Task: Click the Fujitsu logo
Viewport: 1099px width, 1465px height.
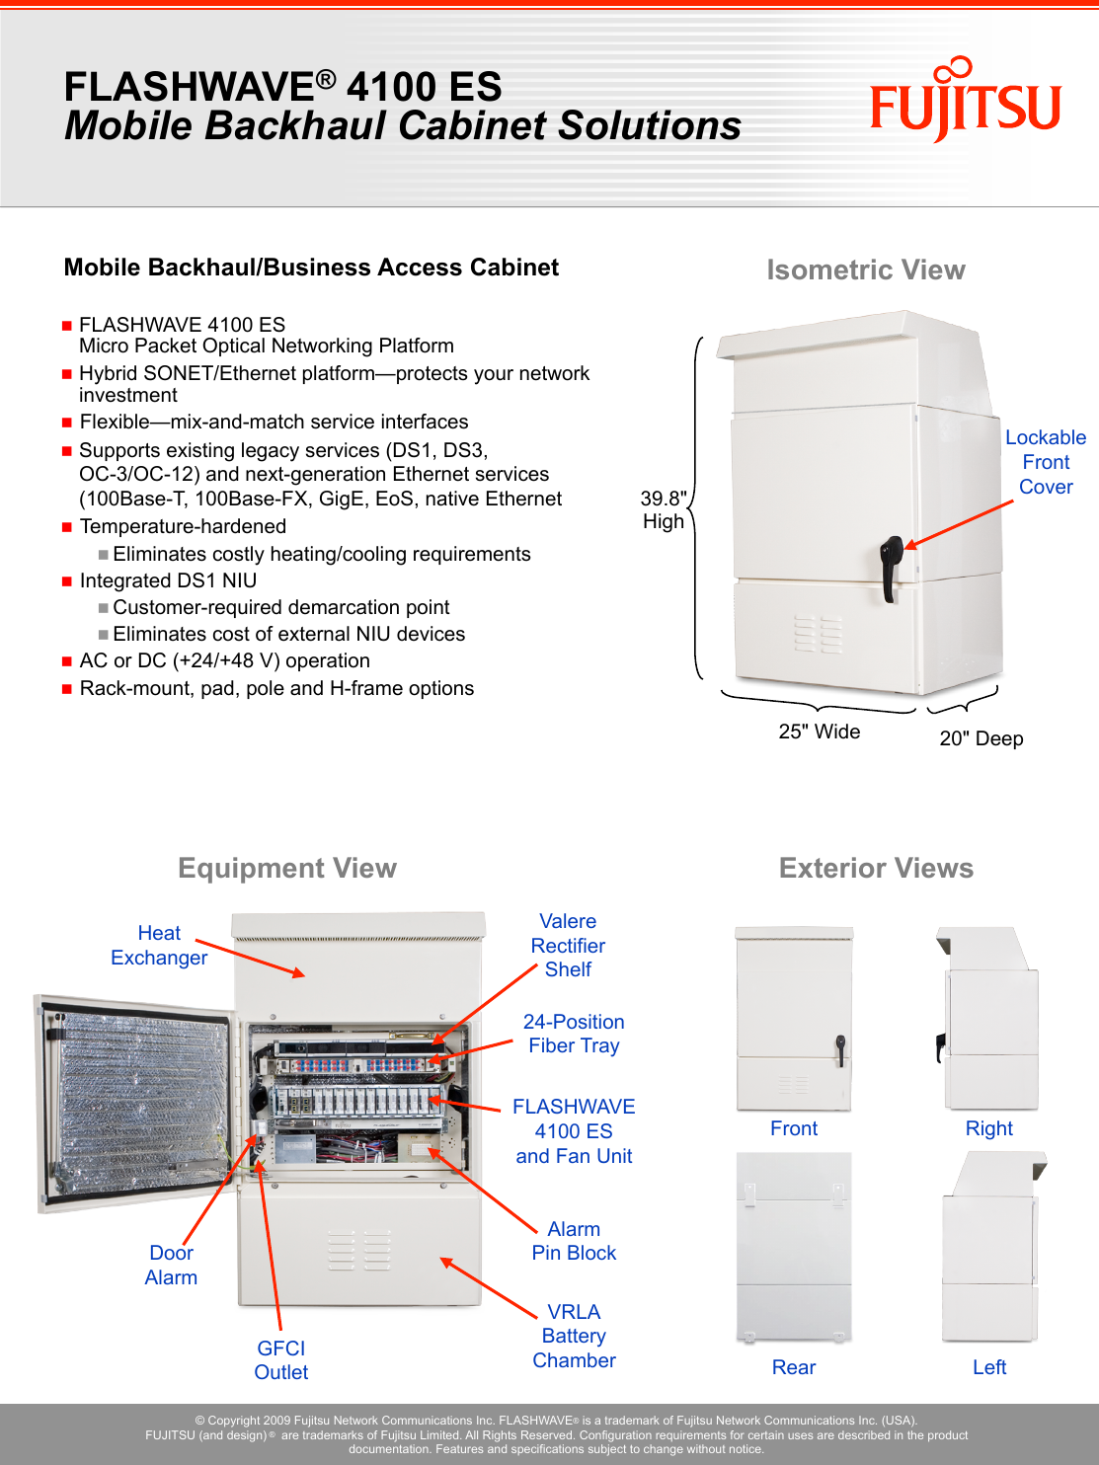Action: click(965, 102)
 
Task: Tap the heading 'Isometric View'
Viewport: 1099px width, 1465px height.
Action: click(865, 270)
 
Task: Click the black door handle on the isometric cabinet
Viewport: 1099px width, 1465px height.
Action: click(891, 567)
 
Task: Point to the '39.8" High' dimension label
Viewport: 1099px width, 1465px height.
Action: click(664, 510)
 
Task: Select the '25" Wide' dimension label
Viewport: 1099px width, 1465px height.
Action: click(819, 732)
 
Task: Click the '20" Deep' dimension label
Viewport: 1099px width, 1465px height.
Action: click(981, 738)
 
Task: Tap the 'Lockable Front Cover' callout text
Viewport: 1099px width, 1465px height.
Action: click(1045, 462)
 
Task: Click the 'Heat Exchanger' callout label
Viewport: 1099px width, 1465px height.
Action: click(159, 945)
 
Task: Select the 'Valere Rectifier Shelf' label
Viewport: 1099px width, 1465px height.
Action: click(568, 945)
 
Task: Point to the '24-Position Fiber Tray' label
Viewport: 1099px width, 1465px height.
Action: click(574, 1034)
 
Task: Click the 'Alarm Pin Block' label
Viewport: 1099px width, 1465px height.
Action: click(574, 1241)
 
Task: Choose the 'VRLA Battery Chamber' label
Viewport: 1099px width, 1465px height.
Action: click(574, 1336)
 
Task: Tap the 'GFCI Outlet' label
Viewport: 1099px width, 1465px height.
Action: click(281, 1359)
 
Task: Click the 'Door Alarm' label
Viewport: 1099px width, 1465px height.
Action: click(171, 1265)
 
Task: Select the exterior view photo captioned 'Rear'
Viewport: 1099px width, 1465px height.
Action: click(794, 1247)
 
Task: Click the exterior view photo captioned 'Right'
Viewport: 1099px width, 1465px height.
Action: click(988, 1018)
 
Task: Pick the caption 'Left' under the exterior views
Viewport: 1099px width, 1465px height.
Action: click(988, 1367)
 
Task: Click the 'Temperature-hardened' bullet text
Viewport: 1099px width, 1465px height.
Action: click(183, 526)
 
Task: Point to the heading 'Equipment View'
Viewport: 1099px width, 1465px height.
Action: click(287, 869)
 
